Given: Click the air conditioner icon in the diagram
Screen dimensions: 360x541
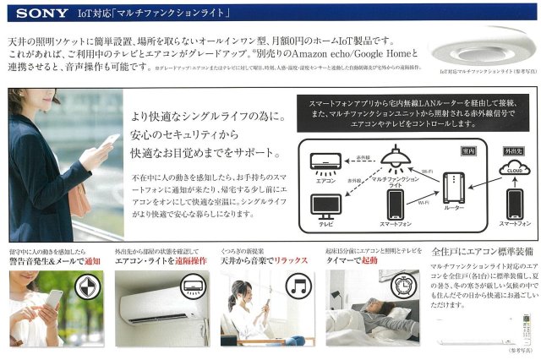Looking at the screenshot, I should click(x=325, y=161).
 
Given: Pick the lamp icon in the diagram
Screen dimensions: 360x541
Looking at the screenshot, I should click(x=391, y=156).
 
